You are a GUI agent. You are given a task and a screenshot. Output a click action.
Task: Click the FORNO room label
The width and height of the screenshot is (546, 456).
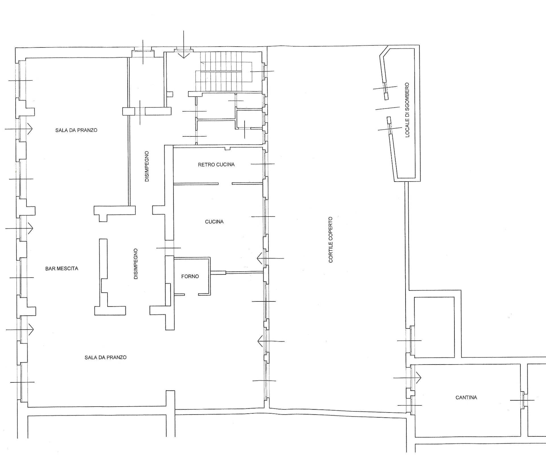190,276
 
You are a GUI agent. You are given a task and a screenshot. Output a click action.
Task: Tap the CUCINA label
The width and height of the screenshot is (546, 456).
214,222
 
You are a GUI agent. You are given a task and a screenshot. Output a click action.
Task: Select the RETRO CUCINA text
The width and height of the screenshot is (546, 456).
216,165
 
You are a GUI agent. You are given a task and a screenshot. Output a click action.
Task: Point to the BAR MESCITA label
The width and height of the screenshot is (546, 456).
62,268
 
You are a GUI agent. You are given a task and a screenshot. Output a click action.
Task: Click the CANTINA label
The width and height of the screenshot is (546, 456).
466,397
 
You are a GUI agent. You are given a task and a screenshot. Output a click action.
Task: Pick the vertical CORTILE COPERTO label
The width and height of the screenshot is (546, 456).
330,240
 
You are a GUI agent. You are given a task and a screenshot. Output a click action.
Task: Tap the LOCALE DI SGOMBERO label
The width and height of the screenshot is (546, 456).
407,110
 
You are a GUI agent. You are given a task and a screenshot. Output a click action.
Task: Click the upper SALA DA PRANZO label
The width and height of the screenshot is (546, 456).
76,130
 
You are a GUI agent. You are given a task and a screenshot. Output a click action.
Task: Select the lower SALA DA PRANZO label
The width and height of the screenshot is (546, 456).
106,357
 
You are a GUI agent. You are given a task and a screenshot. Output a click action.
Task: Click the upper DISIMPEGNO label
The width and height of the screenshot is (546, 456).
147,166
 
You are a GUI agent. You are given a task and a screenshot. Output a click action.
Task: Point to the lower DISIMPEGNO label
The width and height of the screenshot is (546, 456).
136,264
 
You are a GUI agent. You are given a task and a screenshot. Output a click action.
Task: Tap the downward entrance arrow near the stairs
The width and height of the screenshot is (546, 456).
184,44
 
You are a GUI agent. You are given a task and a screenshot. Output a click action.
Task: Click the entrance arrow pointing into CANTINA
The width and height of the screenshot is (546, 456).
407,378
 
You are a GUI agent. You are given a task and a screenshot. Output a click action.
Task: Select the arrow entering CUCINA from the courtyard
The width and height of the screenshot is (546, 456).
270,258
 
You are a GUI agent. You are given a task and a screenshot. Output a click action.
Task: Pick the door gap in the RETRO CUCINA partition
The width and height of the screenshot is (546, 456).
225,184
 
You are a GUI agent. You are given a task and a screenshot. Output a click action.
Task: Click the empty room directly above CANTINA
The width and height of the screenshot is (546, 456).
434,327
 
